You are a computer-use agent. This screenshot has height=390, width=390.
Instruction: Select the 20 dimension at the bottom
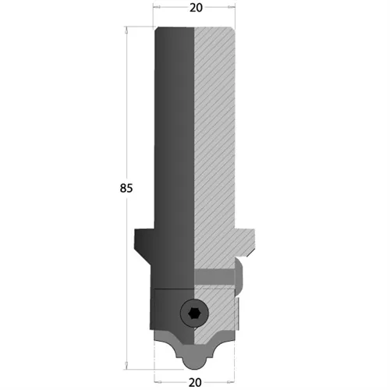195,382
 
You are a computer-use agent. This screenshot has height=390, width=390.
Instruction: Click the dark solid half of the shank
175,140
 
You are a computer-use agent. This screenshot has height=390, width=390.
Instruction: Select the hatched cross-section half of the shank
214,140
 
